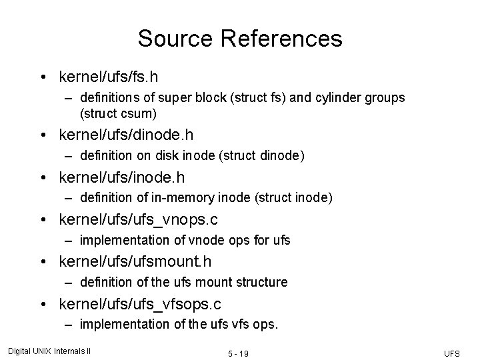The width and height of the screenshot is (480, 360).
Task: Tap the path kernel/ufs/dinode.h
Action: point(126,135)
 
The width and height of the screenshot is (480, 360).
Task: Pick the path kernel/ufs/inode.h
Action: point(122,177)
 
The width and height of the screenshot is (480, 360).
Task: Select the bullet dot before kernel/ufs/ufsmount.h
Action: point(42,262)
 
